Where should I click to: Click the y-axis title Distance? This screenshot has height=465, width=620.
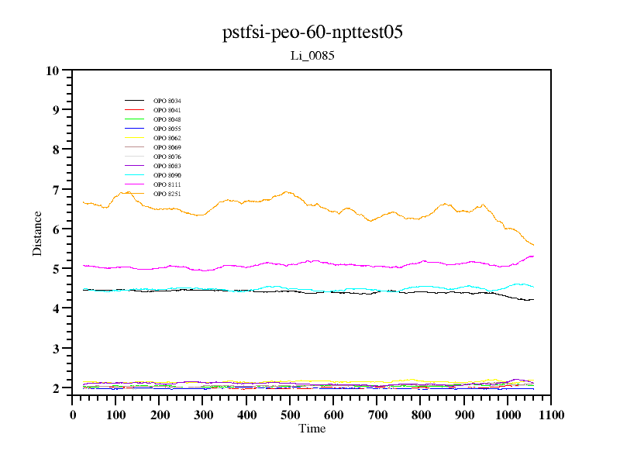click(37, 232)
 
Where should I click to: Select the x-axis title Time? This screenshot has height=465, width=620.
click(312, 429)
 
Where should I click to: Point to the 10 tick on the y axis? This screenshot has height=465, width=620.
click(53, 71)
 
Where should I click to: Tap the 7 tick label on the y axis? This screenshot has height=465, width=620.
click(56, 190)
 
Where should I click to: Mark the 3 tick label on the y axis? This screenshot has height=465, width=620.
click(56, 349)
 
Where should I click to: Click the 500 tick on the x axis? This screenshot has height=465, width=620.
click(377, 415)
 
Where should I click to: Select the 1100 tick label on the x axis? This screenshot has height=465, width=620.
click(551, 415)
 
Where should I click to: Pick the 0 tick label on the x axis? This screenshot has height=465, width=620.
click(73, 415)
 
